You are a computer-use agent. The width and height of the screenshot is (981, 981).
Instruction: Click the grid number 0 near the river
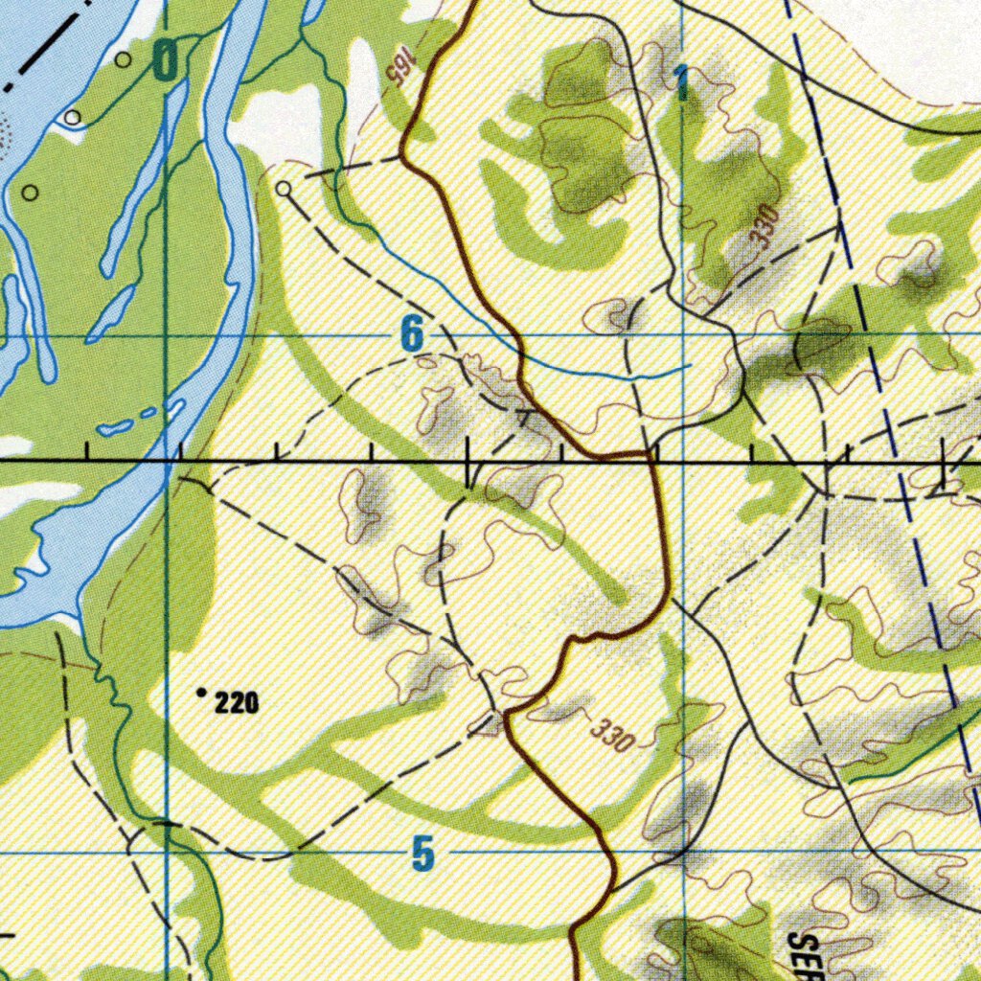click(166, 63)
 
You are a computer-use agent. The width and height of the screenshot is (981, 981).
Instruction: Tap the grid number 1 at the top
click(680, 84)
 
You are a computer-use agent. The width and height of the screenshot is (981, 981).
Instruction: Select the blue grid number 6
click(411, 335)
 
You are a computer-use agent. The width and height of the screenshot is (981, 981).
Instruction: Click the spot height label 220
click(237, 704)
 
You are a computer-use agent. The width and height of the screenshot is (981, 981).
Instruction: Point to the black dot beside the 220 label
click(201, 691)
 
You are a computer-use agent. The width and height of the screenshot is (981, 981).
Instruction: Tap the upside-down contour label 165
click(397, 73)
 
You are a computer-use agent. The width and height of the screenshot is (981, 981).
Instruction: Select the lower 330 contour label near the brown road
click(613, 735)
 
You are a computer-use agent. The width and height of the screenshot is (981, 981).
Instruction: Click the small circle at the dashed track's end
click(284, 190)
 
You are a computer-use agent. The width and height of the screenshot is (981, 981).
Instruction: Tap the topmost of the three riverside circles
click(124, 59)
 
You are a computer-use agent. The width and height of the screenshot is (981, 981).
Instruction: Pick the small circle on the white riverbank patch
click(73, 118)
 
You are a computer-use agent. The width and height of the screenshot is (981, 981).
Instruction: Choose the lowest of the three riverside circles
click(30, 193)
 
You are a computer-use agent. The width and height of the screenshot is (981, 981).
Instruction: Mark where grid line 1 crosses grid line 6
click(682, 334)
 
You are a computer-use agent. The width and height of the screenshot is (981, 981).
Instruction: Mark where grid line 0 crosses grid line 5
click(168, 851)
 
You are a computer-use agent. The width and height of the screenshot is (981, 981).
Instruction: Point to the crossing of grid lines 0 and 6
click(167, 336)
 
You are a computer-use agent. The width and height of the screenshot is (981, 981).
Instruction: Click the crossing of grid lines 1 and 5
click(685, 851)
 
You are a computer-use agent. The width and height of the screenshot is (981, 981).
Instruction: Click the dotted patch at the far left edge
click(4, 129)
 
